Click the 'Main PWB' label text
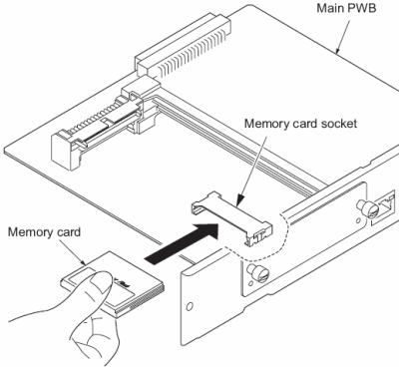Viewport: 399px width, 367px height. coord(346,8)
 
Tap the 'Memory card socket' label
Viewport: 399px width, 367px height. coord(300,124)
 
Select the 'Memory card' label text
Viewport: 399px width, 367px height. coord(44,231)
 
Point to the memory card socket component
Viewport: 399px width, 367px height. coord(232,217)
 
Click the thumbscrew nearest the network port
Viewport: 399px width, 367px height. coord(366,207)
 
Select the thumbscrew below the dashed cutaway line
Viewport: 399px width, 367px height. coord(258,273)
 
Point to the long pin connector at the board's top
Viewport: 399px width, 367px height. coord(184,48)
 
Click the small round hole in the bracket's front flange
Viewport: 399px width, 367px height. coord(190,306)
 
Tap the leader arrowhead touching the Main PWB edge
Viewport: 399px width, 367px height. coord(337,50)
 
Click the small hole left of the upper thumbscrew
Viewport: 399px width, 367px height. coord(357,220)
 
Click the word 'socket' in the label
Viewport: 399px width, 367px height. coord(339,124)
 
